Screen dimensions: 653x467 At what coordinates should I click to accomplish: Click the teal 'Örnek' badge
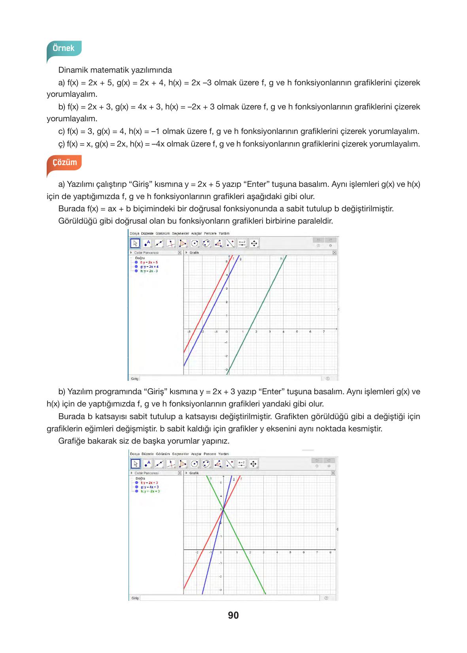[64, 48]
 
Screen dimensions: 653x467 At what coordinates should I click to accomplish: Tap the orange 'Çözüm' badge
[64, 162]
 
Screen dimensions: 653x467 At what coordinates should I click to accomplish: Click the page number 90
[233, 615]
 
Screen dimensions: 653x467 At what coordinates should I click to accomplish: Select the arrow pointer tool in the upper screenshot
[135, 243]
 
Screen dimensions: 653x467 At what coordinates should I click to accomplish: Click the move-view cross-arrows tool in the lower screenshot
[253, 464]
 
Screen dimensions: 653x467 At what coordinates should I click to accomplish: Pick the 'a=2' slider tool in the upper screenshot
[242, 243]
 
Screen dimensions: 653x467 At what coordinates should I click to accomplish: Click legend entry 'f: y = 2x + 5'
[149, 262]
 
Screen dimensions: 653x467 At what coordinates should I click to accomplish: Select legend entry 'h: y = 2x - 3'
[149, 271]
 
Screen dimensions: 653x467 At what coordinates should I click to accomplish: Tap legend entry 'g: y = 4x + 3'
[149, 487]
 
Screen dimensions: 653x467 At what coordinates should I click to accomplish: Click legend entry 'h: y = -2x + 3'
[150, 491]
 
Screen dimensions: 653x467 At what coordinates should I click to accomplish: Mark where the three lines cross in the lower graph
[223, 510]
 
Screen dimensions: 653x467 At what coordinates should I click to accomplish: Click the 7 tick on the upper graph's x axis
[324, 332]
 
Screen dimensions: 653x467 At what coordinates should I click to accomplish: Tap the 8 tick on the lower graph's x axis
[330, 552]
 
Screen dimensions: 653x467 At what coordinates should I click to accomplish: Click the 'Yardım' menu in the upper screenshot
[224, 233]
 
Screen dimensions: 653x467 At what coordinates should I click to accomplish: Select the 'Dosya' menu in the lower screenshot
[135, 454]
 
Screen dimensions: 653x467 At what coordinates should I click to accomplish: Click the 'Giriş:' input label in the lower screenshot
[135, 598]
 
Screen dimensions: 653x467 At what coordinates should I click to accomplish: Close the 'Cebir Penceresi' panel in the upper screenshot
[180, 252]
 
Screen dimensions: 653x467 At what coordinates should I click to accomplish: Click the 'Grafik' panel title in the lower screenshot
[194, 473]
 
